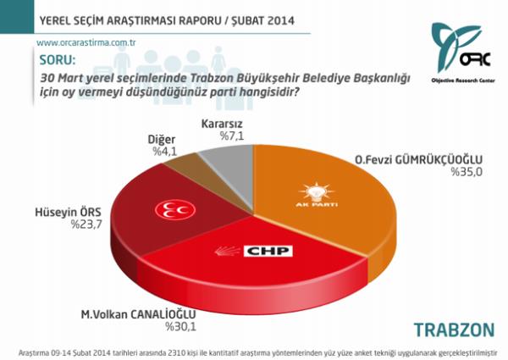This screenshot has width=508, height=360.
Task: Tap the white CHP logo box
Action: [x=269, y=252]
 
